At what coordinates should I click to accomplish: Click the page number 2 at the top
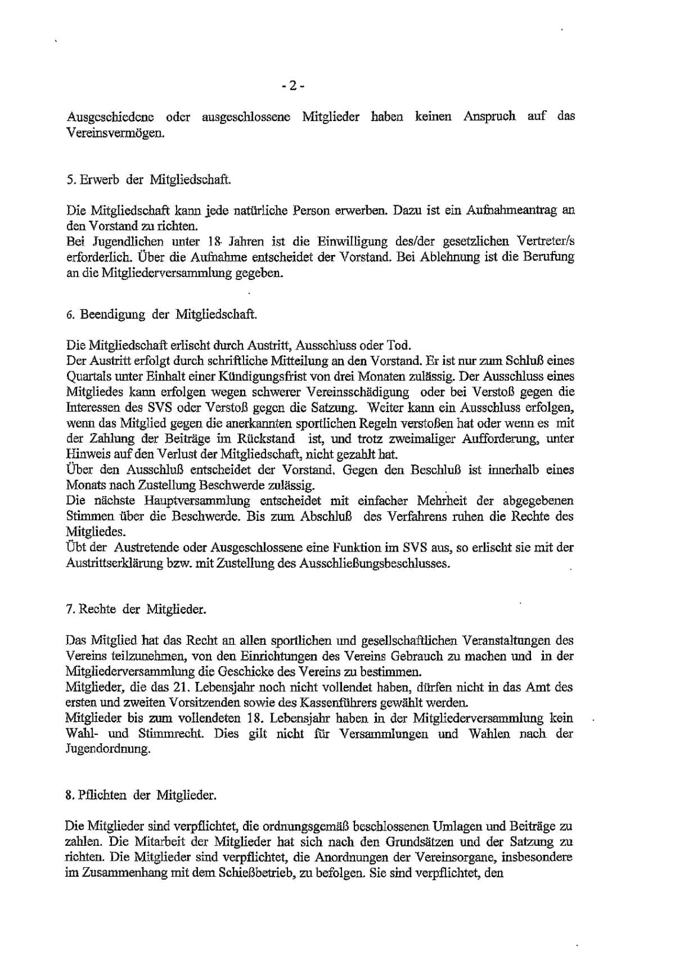click(x=293, y=86)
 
